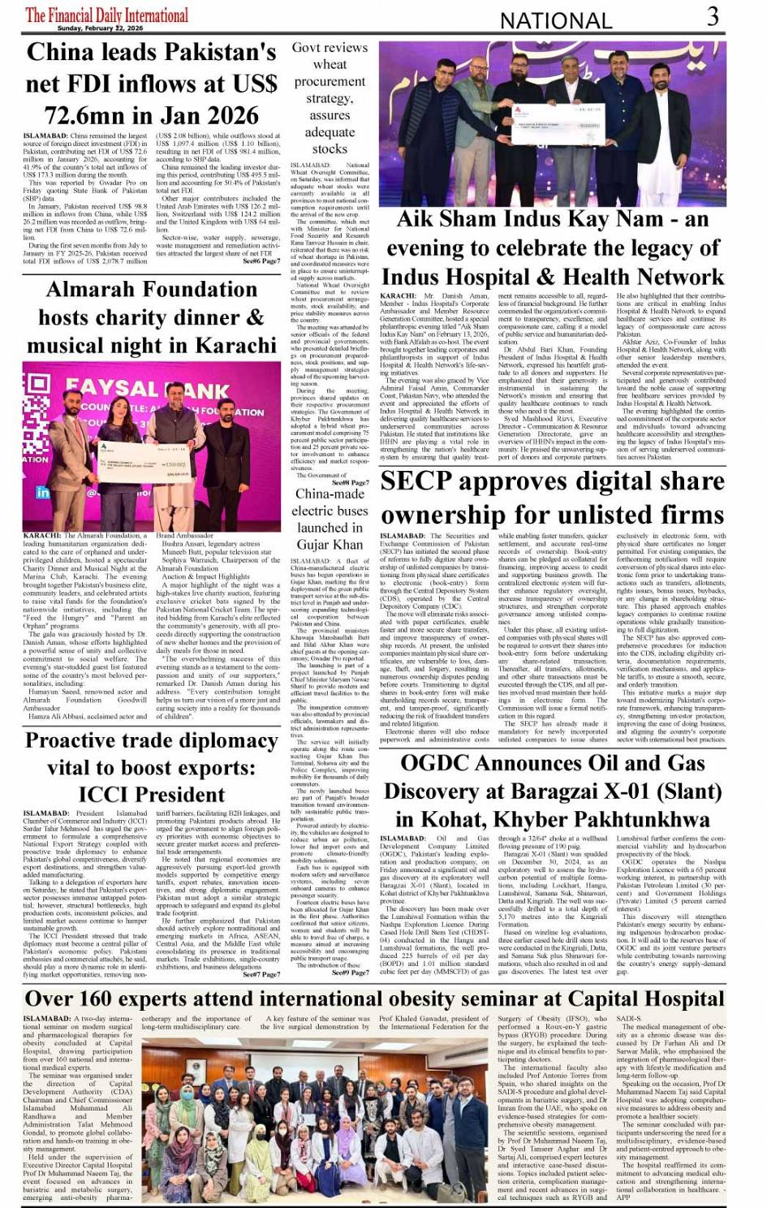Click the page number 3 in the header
click(712, 16)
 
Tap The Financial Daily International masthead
click(106, 15)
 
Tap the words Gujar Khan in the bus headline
click(330, 544)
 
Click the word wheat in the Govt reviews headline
click(330, 64)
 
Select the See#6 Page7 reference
click(261, 261)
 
